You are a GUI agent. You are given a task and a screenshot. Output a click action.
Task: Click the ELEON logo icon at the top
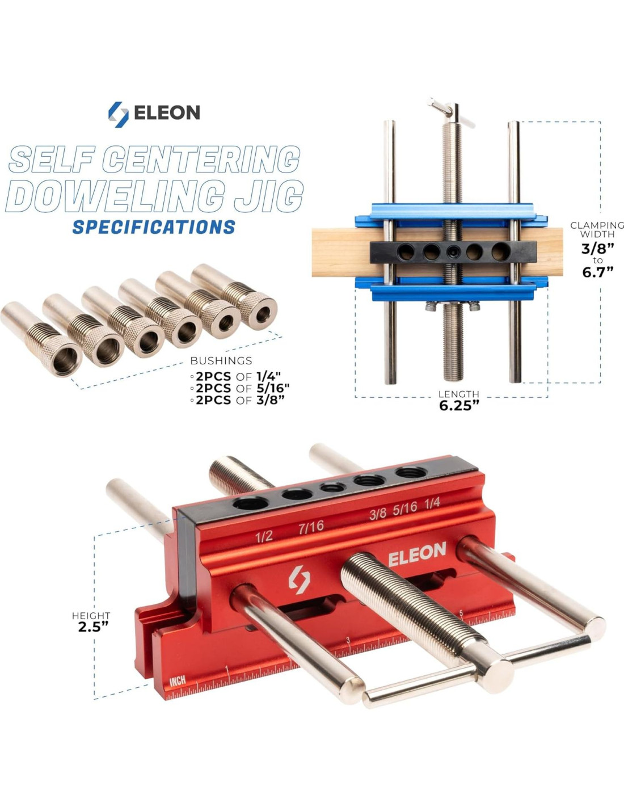point(118,115)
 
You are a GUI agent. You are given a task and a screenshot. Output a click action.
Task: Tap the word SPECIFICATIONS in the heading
point(154,227)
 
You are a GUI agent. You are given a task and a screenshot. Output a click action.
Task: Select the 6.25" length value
point(458,406)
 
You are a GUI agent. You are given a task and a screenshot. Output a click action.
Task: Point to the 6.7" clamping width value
point(598,272)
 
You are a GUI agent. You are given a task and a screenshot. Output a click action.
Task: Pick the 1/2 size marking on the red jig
point(264,536)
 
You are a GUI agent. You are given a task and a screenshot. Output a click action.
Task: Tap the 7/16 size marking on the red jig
point(311,527)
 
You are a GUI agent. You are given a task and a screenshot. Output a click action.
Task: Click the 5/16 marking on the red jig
point(405,508)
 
